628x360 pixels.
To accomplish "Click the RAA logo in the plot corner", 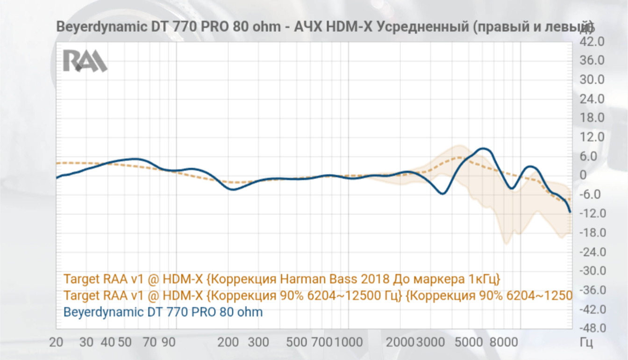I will [x=85, y=60].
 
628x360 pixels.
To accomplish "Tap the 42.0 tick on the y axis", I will [x=592, y=42].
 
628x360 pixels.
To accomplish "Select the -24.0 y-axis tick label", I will [x=592, y=252].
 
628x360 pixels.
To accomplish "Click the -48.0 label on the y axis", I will [x=592, y=328].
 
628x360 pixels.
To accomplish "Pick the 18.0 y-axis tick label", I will [x=592, y=117].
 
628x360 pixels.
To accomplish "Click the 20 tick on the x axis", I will [x=57, y=342].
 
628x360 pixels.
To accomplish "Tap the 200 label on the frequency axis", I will [x=229, y=342].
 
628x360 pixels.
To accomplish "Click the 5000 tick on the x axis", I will [x=469, y=342].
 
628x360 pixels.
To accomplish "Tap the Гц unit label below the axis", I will [x=586, y=342].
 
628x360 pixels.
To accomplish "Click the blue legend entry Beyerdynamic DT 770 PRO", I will [x=163, y=312].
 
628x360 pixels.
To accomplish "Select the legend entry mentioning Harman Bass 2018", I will [x=282, y=279].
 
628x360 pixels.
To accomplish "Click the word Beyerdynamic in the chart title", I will [x=101, y=27].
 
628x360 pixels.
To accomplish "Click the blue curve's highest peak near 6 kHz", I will [x=484, y=149].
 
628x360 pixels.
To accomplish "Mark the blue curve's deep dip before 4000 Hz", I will [x=442, y=194].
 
